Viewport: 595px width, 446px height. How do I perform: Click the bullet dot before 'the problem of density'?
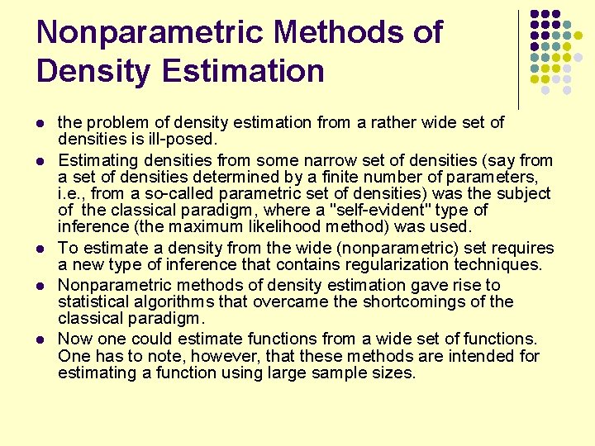click(42, 123)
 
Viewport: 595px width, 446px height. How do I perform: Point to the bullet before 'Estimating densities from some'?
click(42, 159)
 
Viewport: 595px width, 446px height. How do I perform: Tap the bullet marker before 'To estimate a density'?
click(42, 249)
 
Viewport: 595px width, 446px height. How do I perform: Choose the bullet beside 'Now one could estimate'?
click(42, 339)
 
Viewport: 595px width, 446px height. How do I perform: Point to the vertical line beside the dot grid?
click(519, 58)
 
